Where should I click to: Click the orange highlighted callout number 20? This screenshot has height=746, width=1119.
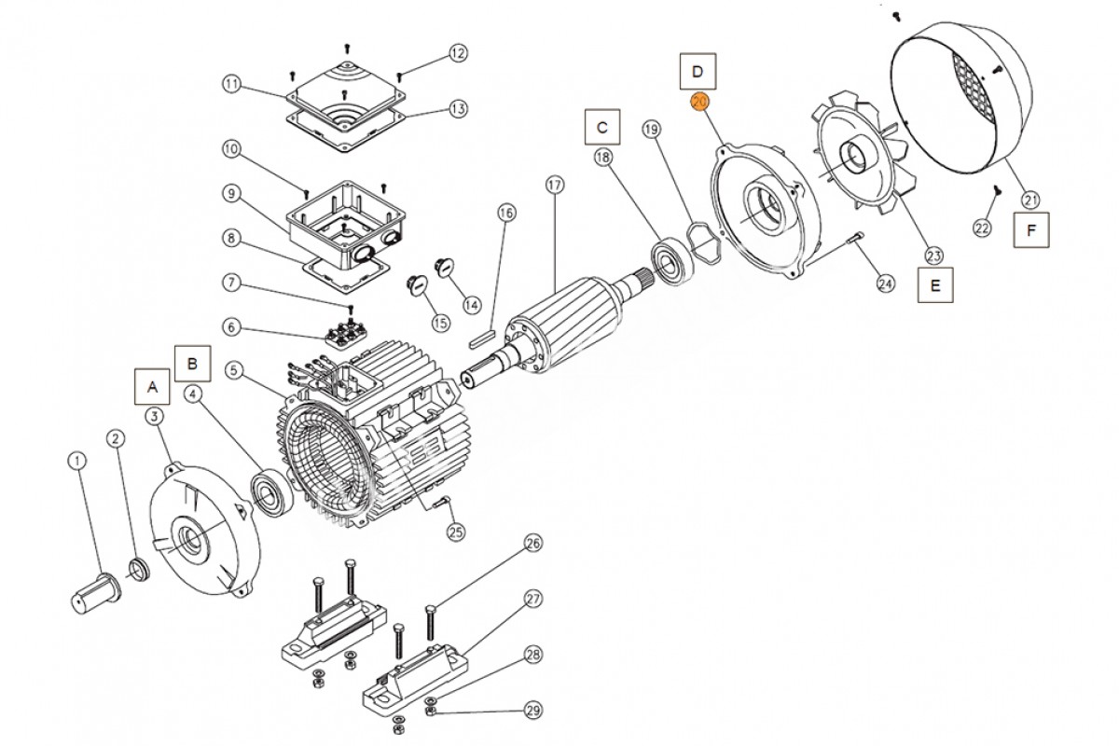click(699, 102)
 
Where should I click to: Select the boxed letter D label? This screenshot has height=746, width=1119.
click(698, 71)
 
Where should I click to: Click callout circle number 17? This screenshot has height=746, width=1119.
click(556, 186)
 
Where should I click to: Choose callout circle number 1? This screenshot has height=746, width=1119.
click(77, 461)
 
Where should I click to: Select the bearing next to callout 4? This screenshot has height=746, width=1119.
click(274, 491)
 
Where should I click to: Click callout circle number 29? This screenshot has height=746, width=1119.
click(532, 711)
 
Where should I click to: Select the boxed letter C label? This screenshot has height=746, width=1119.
click(602, 126)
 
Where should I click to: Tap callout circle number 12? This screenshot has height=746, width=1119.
click(457, 53)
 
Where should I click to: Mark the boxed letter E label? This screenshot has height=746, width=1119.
click(935, 286)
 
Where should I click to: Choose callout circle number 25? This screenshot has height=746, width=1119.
click(456, 532)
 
